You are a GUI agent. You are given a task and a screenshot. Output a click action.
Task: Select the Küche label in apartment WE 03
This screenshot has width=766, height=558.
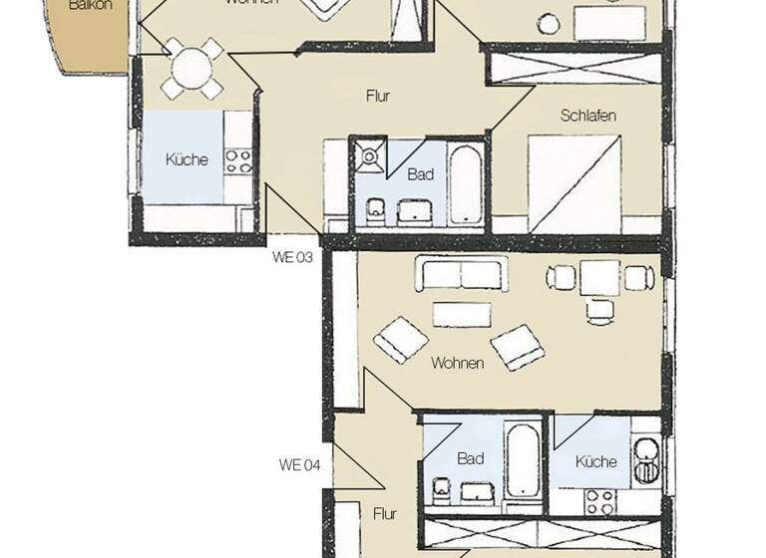click(x=186, y=159)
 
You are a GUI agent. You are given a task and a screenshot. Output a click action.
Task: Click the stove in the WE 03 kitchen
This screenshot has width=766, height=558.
click(x=237, y=160)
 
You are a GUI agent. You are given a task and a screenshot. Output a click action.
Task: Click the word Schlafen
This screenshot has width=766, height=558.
click(x=587, y=116)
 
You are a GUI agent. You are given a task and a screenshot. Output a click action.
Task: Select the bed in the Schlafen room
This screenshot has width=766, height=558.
click(x=574, y=179)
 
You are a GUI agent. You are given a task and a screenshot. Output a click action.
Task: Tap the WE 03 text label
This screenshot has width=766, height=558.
click(x=292, y=257)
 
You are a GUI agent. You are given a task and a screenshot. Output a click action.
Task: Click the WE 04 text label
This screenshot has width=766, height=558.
click(x=299, y=464)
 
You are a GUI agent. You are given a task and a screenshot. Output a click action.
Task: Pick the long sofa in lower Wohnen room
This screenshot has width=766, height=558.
click(x=462, y=273)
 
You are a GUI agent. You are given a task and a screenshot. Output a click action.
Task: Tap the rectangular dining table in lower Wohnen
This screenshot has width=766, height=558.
click(x=599, y=278)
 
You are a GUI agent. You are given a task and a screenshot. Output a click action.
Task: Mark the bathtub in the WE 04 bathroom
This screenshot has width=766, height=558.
click(x=522, y=461)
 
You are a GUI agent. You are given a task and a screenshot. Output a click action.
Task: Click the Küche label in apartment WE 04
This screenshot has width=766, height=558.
click(x=596, y=461)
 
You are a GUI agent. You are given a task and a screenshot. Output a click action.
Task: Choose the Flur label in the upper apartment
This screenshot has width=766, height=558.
click(x=376, y=97)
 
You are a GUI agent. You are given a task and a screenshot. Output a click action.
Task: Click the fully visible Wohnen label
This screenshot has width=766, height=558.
click(x=457, y=363)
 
